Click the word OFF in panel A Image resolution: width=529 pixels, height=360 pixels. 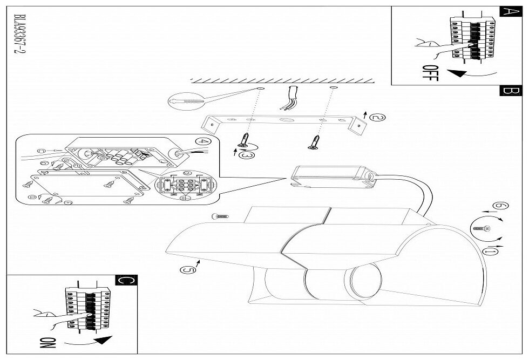430,72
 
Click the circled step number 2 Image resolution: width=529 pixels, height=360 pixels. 379,117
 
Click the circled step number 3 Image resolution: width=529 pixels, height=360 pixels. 247,155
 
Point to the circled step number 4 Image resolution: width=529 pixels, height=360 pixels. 202,142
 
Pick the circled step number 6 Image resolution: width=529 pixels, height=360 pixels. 501,206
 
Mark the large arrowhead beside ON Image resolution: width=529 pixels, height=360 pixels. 100,341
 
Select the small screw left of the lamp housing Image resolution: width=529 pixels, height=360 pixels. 221,216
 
